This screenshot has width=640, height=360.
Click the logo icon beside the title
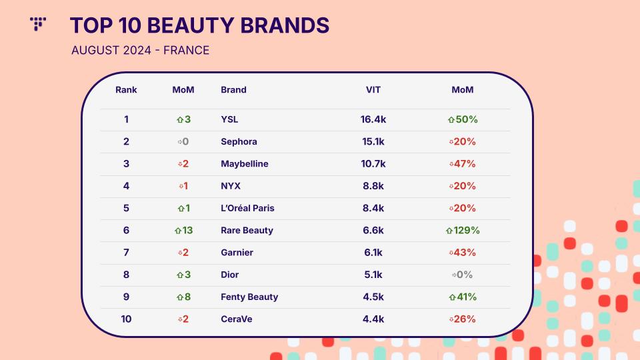click(38, 24)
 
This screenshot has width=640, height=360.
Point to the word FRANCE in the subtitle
click(186, 50)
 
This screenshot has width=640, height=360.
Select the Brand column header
click(233, 90)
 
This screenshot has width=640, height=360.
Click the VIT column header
click(373, 90)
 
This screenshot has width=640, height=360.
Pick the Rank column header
click(126, 90)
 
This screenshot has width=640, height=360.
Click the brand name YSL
click(229, 119)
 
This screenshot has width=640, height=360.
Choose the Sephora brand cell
click(239, 141)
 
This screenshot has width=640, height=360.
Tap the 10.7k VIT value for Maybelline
click(373, 164)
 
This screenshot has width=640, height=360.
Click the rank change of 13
click(183, 230)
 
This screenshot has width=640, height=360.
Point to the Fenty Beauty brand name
click(249, 297)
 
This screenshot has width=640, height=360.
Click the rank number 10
click(126, 319)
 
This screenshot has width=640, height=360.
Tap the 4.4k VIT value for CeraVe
click(373, 319)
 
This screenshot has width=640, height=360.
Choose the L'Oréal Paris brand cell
click(247, 208)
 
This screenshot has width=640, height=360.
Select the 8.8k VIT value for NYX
click(373, 186)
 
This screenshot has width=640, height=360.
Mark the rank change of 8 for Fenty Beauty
click(183, 297)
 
